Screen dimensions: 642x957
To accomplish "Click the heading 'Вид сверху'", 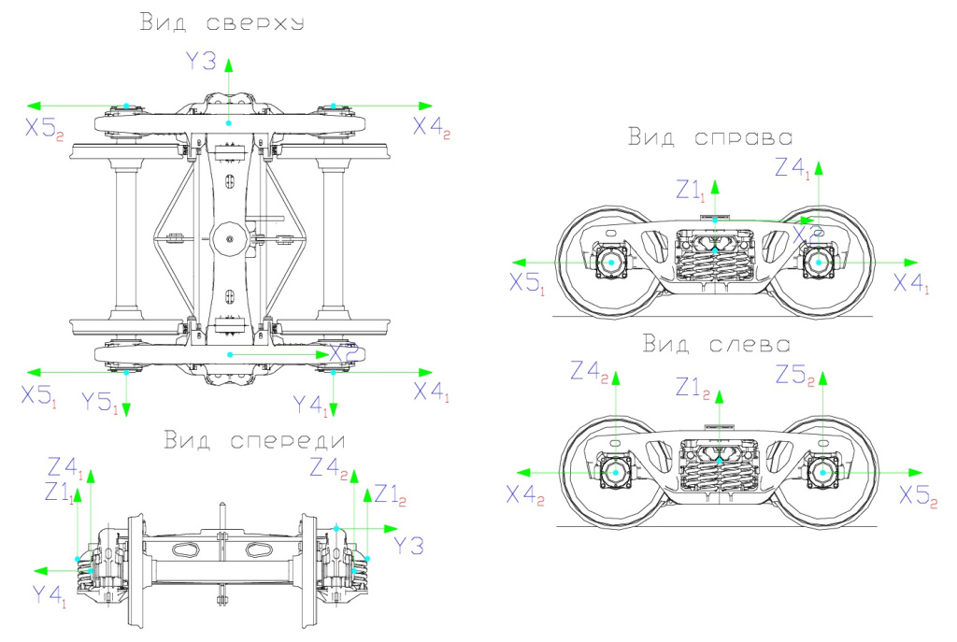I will coord(221,22).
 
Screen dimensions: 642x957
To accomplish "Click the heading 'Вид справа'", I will coord(709,137).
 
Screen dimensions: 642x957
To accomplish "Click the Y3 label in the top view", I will coord(200,62).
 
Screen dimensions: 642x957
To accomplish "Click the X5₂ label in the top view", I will coord(44,129).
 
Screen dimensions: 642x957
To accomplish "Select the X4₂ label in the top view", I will coord(432,128).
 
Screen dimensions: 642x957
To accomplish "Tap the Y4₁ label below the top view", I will coord(310,405).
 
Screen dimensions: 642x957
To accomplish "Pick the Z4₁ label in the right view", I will coord(793,169).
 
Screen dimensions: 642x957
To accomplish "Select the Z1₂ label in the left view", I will coord(695,385).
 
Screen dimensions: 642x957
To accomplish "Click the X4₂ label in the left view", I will coord(525,496).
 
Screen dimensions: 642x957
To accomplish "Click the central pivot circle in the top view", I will coord(227,239).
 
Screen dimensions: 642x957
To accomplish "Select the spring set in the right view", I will coord(714,264).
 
